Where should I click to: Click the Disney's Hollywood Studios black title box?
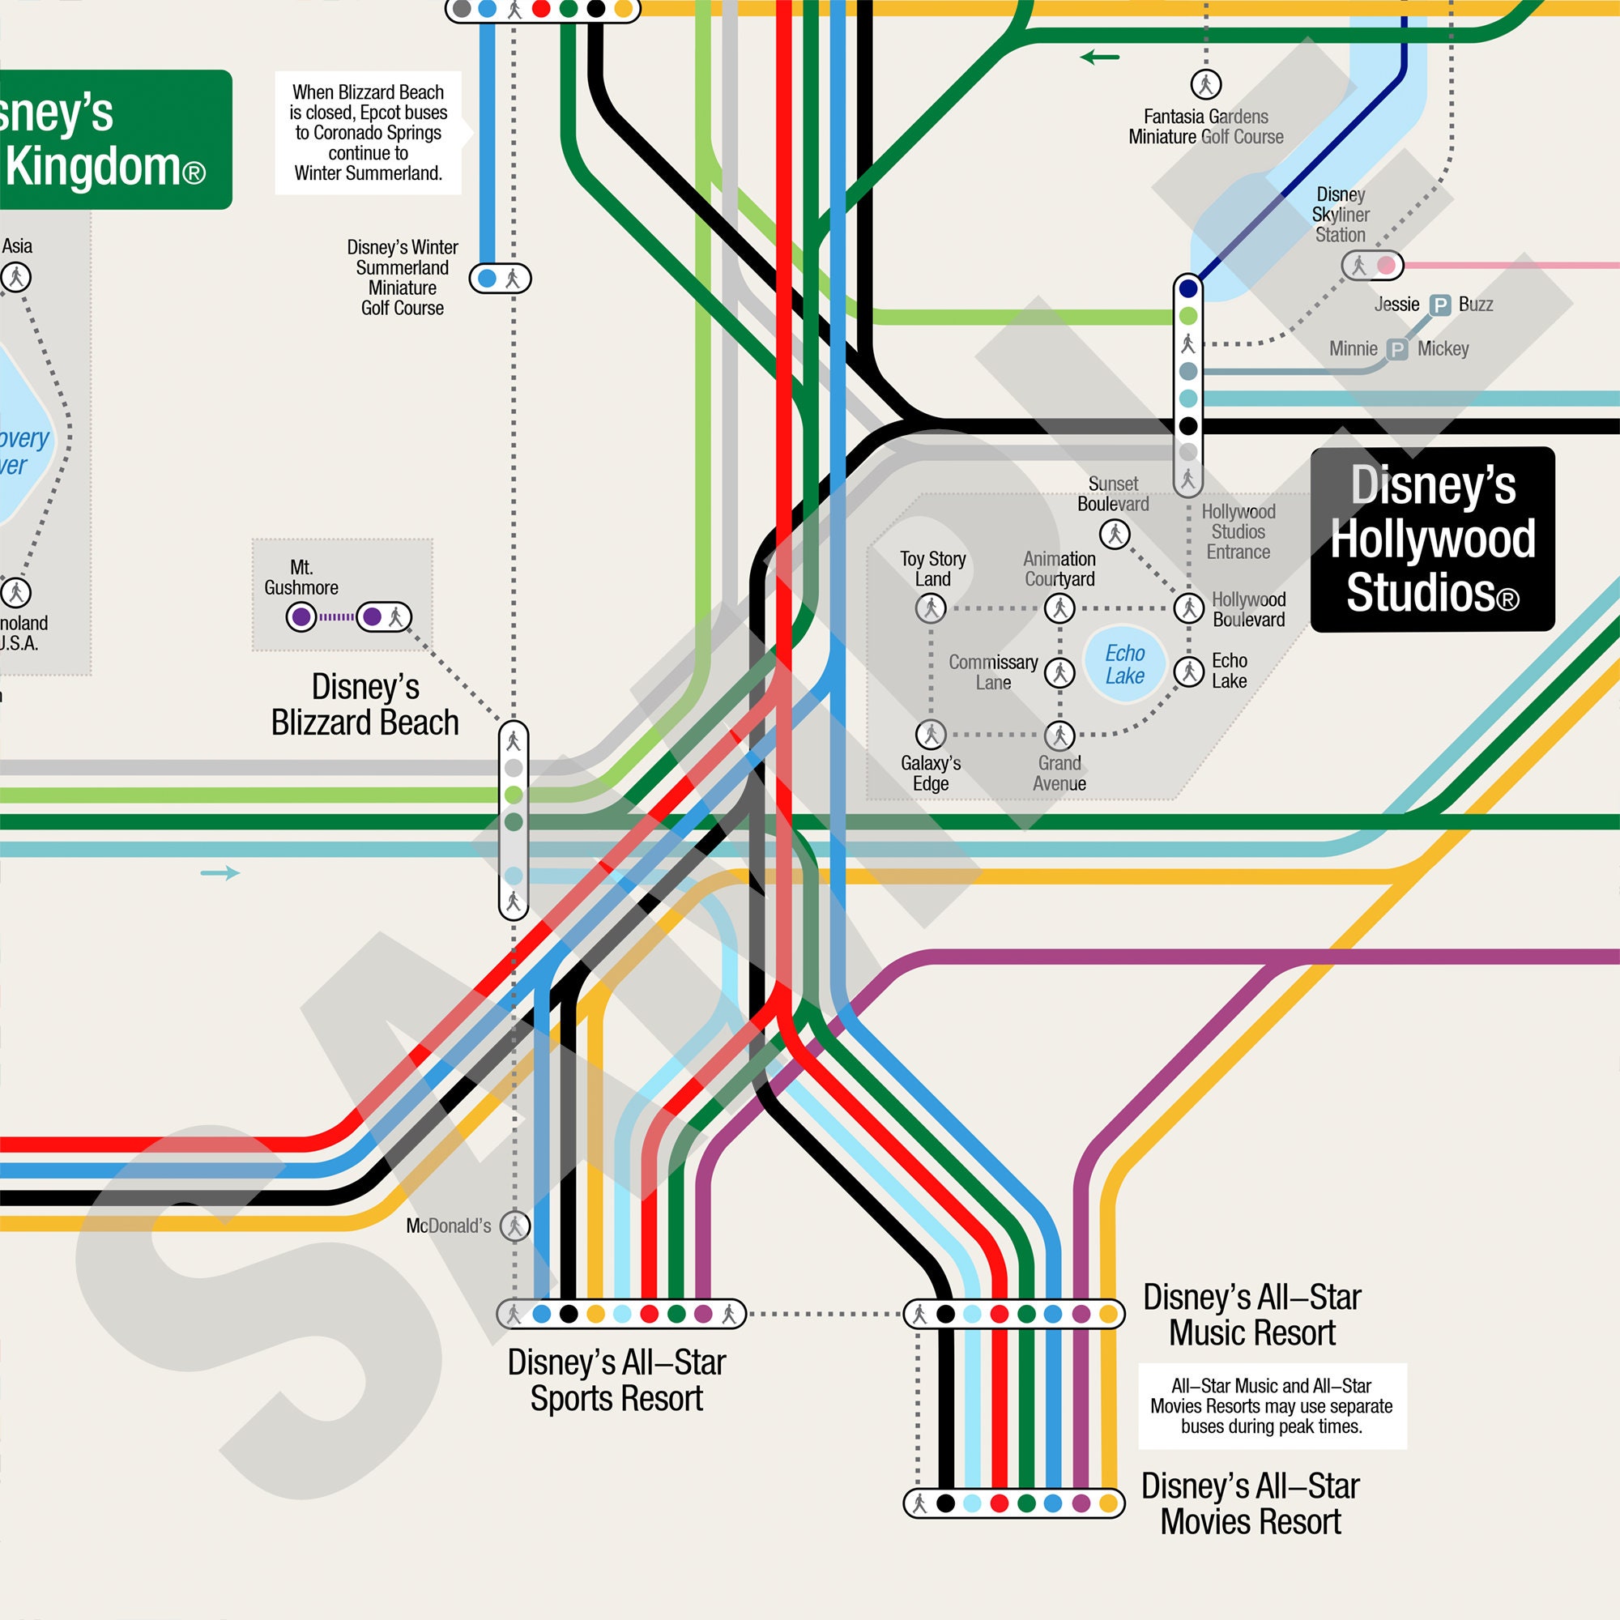pyautogui.click(x=1432, y=539)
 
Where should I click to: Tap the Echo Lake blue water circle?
pyautogui.click(x=1124, y=664)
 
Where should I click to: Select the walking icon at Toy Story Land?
pyautogui.click(x=931, y=608)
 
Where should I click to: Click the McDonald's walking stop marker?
pyautogui.click(x=515, y=1226)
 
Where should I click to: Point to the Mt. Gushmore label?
pyautogui.click(x=301, y=578)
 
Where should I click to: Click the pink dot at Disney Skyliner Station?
pyautogui.click(x=1386, y=266)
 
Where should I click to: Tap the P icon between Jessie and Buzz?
pyautogui.click(x=1439, y=305)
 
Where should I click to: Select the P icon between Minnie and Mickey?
pyautogui.click(x=1397, y=349)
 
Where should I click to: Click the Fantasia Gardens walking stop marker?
pyautogui.click(x=1206, y=84)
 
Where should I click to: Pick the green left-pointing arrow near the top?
pyautogui.click(x=1099, y=57)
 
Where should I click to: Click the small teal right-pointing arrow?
pyautogui.click(x=220, y=873)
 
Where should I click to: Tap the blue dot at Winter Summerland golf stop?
pyautogui.click(x=487, y=279)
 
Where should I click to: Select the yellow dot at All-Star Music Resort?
pyautogui.click(x=1107, y=1314)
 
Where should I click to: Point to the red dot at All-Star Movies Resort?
pyautogui.click(x=999, y=1503)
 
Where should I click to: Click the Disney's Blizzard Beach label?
pyautogui.click(x=364, y=705)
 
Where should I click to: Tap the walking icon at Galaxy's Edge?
pyautogui.click(x=931, y=735)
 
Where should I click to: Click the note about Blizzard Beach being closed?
pyautogui.click(x=368, y=133)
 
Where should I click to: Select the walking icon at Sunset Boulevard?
pyautogui.click(x=1115, y=533)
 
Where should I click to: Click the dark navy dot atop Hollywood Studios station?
pyautogui.click(x=1188, y=288)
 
